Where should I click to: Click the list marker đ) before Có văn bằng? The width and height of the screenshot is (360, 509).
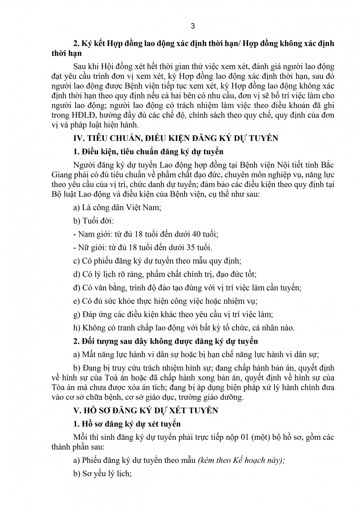pos(77,288)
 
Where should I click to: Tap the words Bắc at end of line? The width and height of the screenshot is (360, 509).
pos(327,165)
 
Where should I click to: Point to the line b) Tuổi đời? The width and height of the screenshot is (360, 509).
pos(93,221)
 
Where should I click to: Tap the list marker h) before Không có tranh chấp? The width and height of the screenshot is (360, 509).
pos(77,328)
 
